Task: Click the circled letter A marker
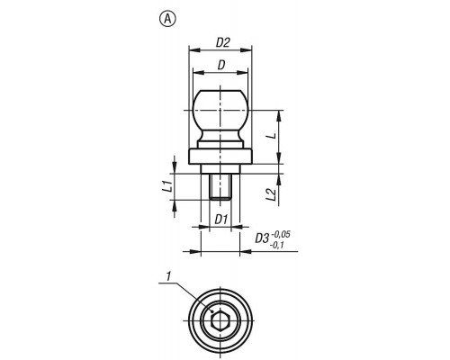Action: (x=167, y=19)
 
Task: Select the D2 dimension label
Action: (x=222, y=43)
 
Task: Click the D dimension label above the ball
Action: (x=221, y=65)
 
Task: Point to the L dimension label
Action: (x=273, y=136)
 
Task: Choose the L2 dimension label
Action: (x=271, y=194)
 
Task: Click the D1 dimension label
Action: (x=220, y=220)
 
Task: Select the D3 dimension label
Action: (x=262, y=238)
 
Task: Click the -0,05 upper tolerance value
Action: (x=280, y=234)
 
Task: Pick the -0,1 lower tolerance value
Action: (x=277, y=246)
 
